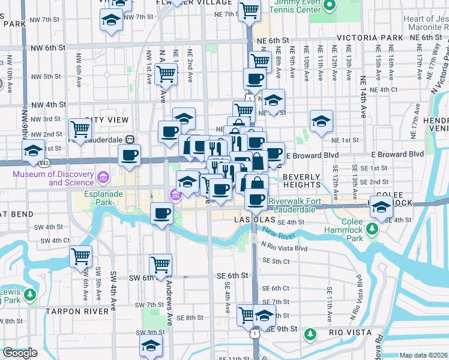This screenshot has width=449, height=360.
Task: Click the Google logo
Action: coord(19,353)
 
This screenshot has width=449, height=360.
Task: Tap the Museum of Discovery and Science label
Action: coord(55,178)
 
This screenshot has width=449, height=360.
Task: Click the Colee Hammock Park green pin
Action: coord(373,229)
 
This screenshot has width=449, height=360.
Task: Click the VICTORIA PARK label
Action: coord(370,37)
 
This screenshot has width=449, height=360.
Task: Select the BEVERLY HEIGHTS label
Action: coord(302,181)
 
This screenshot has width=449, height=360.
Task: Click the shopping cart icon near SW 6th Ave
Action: coord(80,256)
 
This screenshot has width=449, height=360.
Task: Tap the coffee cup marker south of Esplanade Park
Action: coord(161,214)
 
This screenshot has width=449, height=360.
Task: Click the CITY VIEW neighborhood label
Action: coord(107,120)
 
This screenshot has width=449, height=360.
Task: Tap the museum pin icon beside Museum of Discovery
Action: coord(103,177)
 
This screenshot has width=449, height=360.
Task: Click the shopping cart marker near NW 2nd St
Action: coord(80,128)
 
